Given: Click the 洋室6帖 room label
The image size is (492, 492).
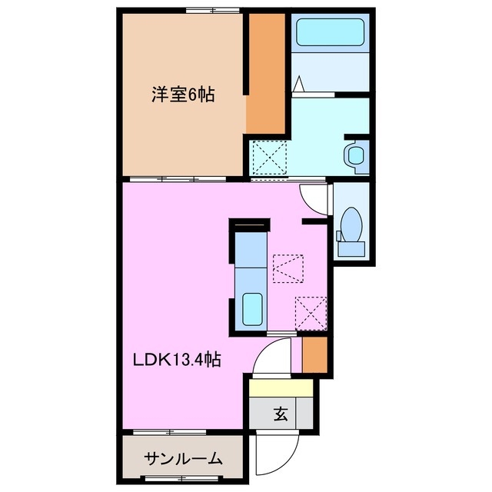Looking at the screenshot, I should coord(183,95).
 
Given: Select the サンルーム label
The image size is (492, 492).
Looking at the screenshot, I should coord(183,459).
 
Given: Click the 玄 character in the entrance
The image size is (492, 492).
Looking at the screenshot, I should coord(281,415).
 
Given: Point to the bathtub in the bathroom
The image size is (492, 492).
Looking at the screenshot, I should coord(330,33).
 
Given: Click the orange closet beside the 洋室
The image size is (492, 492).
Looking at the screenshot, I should coord(266,73).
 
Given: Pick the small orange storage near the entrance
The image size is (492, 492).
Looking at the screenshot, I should coord(313,354).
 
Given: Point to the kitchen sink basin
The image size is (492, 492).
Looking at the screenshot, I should coord(252,309).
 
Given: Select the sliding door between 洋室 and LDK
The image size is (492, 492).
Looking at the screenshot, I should coord(183,178).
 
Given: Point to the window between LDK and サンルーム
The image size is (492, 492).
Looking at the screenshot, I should coord(182,434).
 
